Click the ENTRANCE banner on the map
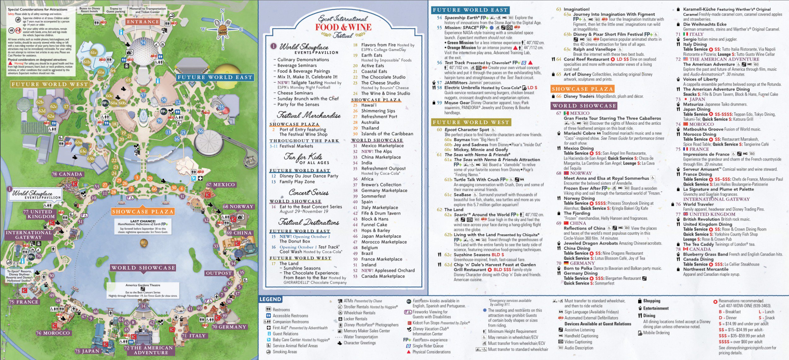[143, 22]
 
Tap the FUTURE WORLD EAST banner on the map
[215, 77]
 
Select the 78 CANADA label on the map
[67, 174]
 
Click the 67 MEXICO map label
[221, 185]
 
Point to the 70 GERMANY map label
[229, 327]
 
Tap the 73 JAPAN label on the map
[87, 351]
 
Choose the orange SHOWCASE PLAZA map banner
[143, 212]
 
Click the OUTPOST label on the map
[219, 273]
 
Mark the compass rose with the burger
[222, 29]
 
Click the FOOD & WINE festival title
[343, 27]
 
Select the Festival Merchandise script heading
[309, 115]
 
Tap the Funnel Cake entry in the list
[374, 225]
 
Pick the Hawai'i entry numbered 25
[369, 105]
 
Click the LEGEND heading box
[270, 299]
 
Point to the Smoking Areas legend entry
[284, 351]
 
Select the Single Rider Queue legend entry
[427, 346]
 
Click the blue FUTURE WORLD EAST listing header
[470, 10]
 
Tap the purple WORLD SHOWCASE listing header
[584, 106]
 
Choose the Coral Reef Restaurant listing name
[586, 59]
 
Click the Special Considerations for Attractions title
[38, 9]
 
